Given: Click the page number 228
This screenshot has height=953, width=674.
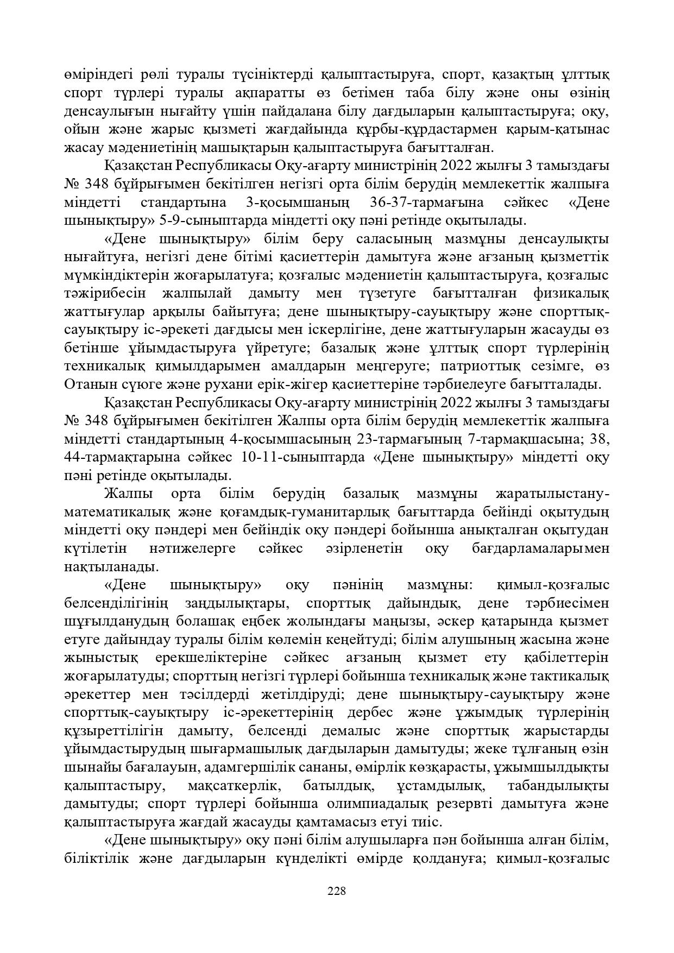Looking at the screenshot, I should [x=337, y=891].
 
